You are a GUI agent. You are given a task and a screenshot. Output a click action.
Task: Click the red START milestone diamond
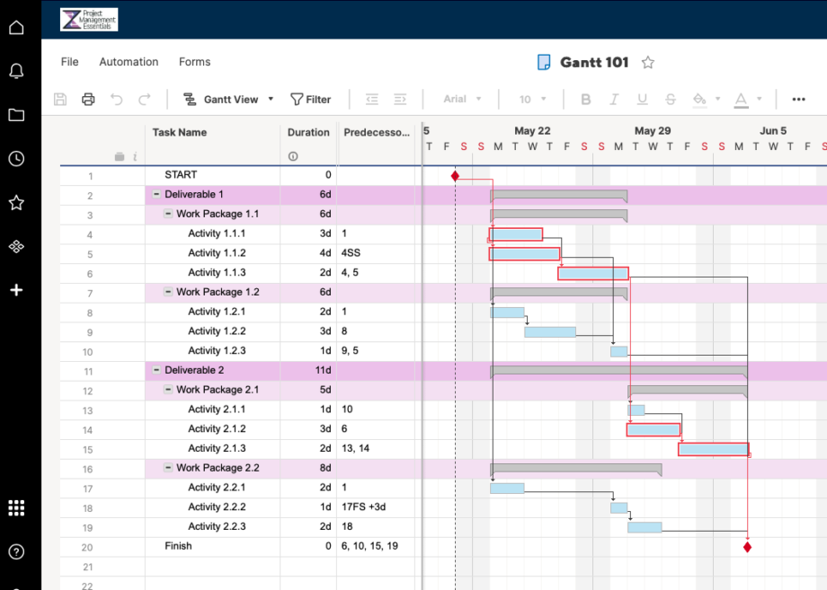(455, 176)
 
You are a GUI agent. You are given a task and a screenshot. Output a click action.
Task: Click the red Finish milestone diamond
(747, 546)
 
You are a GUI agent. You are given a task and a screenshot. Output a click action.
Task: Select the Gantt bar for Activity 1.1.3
(592, 273)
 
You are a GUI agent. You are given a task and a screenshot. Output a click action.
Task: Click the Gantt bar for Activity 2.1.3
(713, 449)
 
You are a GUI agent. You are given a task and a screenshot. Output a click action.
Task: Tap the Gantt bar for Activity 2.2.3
(645, 527)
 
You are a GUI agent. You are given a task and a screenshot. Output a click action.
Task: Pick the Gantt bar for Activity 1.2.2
(549, 332)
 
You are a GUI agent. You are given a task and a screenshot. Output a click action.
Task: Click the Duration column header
(308, 132)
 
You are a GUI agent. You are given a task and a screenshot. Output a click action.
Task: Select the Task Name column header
(180, 132)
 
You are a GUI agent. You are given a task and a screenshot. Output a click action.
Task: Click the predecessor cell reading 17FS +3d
(364, 507)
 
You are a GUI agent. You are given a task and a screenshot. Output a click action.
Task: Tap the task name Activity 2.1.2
(217, 429)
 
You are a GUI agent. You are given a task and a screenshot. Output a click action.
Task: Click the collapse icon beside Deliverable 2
(156, 370)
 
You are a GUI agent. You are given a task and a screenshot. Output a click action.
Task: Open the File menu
(70, 62)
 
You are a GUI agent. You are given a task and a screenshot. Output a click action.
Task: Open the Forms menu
(194, 62)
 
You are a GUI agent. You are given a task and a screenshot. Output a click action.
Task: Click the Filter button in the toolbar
(310, 100)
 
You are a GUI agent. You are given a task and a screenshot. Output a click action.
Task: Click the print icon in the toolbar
(88, 100)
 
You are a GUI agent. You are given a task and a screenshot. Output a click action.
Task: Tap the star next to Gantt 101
(647, 63)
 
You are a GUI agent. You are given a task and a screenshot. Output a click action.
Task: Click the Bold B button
(586, 100)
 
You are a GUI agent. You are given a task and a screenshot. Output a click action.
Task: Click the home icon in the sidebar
(16, 28)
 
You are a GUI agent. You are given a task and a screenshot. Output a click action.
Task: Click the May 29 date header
(652, 131)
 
